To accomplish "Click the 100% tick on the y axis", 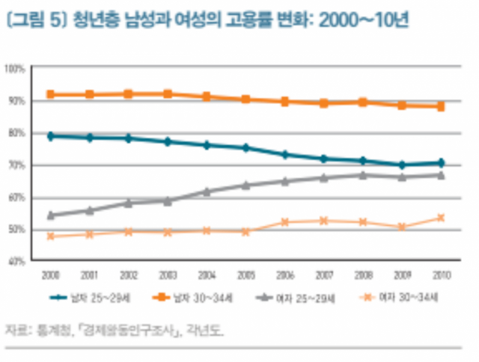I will [16, 68].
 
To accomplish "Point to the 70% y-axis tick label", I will [17, 165].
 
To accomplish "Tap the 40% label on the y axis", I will [17, 261].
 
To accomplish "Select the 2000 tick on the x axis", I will [51, 274].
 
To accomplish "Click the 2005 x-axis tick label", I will [246, 274].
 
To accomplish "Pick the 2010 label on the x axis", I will [441, 274].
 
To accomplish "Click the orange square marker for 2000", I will [51, 94].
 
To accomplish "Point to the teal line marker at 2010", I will [442, 162].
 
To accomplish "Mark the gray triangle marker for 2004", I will [207, 191].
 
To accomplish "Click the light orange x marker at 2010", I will [442, 218].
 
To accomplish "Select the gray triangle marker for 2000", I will [51, 215].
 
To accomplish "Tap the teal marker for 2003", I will [168, 141].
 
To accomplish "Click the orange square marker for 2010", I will [442, 107].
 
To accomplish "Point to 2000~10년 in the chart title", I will [362, 20].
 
